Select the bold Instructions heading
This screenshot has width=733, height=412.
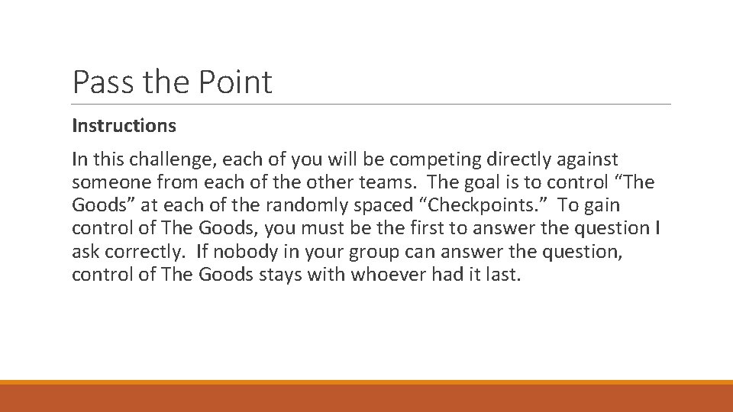coord(124,125)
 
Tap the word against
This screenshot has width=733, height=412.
coord(587,161)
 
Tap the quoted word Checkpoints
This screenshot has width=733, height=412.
coord(475,207)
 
